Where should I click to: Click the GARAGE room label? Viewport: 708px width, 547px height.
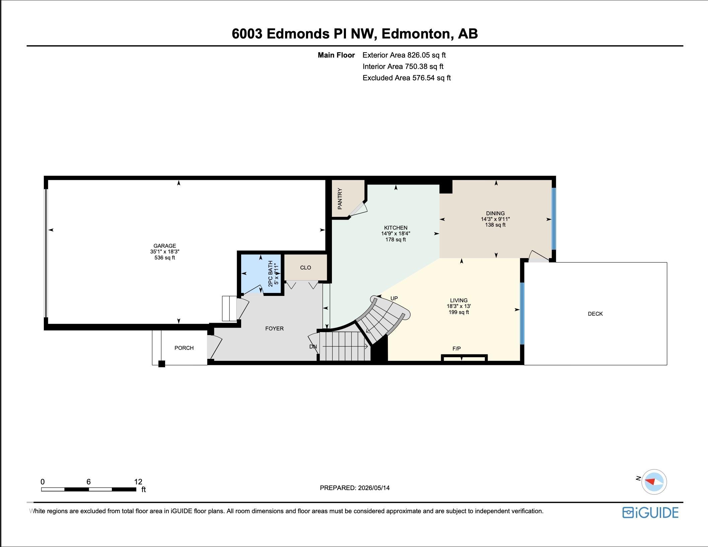tap(164, 246)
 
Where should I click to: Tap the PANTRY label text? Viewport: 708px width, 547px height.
tap(340, 199)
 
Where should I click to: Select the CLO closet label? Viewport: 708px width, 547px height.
tap(305, 268)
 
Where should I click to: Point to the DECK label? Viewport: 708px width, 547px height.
tap(595, 314)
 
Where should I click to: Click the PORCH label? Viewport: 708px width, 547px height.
tap(184, 348)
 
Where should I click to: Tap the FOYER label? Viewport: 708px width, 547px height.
tap(274, 329)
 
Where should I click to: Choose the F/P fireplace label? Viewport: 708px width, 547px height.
tap(456, 348)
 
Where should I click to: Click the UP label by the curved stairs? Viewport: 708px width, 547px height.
tap(394, 298)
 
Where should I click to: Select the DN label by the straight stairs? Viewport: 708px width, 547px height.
tap(313, 347)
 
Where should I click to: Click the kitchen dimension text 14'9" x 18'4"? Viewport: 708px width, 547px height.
tap(396, 234)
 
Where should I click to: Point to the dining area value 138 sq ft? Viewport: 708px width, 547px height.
tap(495, 225)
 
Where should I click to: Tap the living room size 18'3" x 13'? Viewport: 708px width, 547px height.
tap(459, 306)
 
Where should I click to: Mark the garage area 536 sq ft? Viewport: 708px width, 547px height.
tap(164, 258)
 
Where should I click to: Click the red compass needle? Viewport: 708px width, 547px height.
tap(650, 482)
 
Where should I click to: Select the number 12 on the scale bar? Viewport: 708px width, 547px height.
tap(138, 482)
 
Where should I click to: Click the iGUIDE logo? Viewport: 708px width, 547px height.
tap(650, 513)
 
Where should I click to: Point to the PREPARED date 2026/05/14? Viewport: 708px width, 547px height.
tap(374, 488)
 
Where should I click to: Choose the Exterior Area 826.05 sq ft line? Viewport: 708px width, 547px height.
tap(404, 55)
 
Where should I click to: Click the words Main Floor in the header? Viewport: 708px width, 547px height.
tap(336, 55)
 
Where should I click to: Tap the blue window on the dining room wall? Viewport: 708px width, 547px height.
tap(554, 219)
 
